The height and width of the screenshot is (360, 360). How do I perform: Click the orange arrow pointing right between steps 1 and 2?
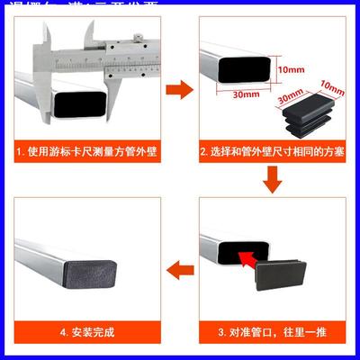pos(183,88)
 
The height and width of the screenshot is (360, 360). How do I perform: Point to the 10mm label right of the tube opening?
pos(289,69)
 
